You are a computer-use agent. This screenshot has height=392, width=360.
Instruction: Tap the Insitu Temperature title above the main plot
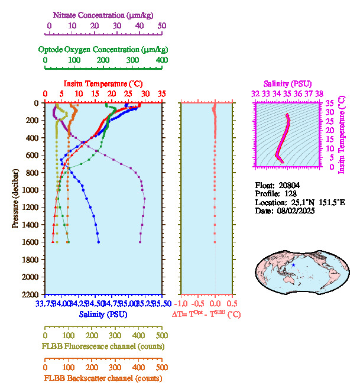point(103,83)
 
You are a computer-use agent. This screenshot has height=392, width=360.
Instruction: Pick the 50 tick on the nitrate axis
point(162,26)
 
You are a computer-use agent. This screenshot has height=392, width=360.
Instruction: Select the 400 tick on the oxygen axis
point(161,60)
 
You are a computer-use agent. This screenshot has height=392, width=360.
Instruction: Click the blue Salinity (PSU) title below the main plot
point(103,315)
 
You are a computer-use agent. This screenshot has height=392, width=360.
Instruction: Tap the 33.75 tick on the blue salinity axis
point(45,304)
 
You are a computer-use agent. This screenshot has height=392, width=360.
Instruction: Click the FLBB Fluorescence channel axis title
point(103,346)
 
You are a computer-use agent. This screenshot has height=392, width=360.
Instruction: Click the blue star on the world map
point(293,265)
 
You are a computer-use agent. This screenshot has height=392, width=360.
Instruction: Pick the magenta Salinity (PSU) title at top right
point(287,83)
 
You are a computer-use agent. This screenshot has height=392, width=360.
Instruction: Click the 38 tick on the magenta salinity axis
point(319,93)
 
